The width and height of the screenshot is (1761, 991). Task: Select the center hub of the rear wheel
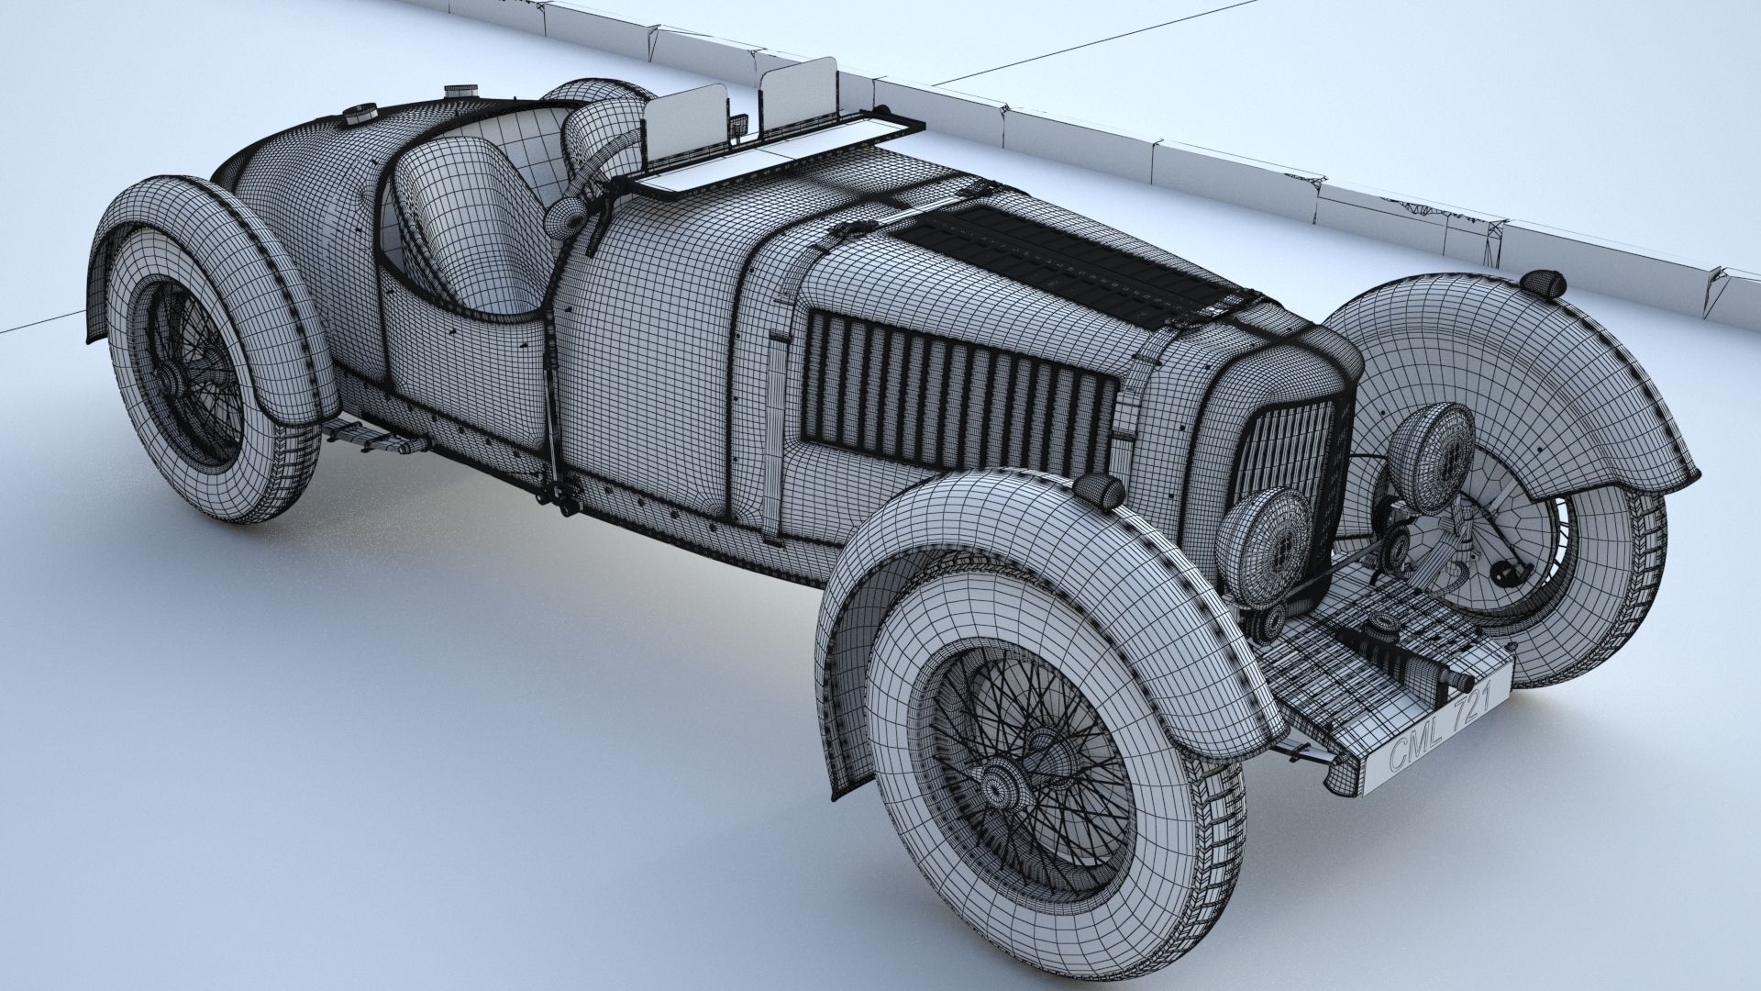tap(177, 375)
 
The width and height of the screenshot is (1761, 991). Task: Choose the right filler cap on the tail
tap(455, 92)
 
